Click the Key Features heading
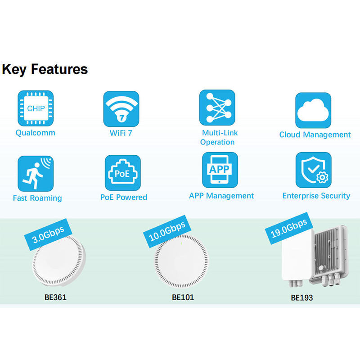point(45,69)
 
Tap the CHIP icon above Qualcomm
point(36,108)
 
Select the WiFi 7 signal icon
point(121,109)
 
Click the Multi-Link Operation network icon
point(217,108)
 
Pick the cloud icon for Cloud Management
point(313,110)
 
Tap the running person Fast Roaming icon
point(36,174)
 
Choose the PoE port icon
point(123,173)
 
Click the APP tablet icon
point(220,170)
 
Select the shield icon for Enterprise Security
point(313,170)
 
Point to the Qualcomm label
point(36,133)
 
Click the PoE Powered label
point(124,197)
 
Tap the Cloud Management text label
point(315,135)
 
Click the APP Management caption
point(221,196)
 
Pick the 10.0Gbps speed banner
point(167,231)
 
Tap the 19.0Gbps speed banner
point(289,229)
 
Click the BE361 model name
point(55,297)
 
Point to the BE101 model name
point(183,297)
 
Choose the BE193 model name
point(302,298)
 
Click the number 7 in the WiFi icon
point(121,118)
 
